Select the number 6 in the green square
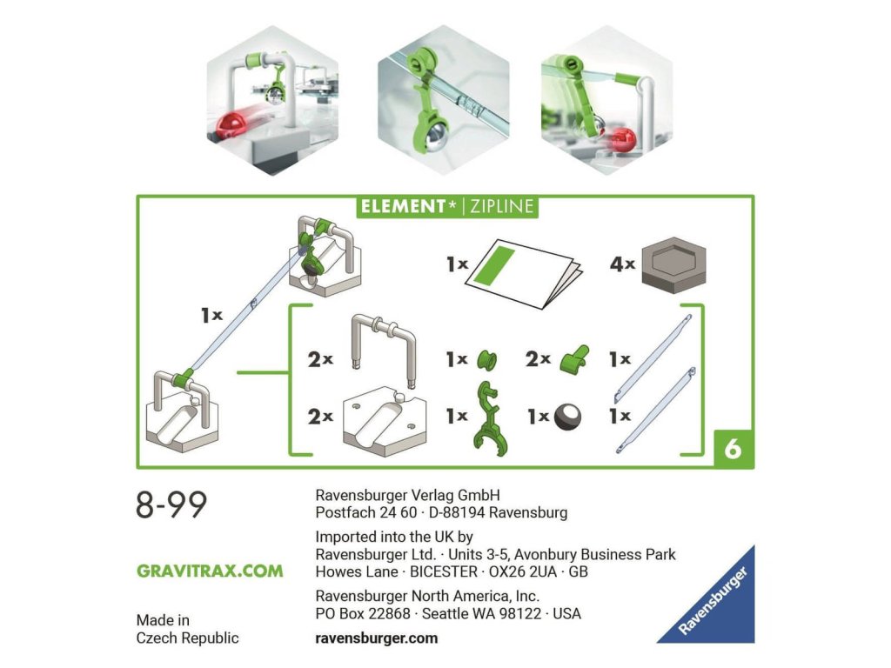click(733, 449)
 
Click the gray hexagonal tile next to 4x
click(674, 264)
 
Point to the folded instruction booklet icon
click(526, 273)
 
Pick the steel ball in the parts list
click(567, 417)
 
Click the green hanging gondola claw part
click(488, 417)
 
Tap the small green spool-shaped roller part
click(486, 360)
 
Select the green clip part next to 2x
click(574, 358)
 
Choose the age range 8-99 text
click(171, 504)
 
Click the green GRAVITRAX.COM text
click(210, 571)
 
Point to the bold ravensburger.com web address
click(376, 638)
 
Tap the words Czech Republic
click(188, 638)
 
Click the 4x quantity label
click(622, 264)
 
